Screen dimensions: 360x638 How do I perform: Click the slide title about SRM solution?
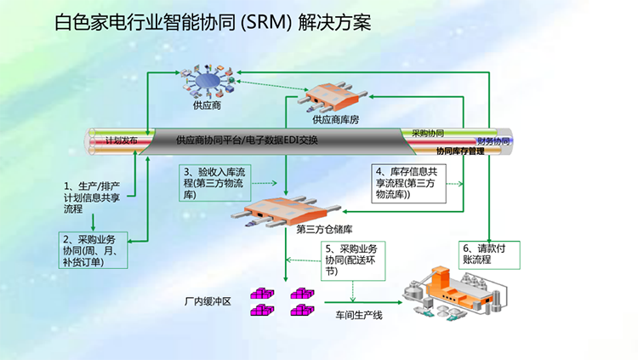click(x=212, y=23)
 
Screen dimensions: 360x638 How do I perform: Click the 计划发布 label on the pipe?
click(x=122, y=140)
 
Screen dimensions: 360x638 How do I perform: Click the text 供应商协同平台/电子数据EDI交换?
click(x=246, y=140)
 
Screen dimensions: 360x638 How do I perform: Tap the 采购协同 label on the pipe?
click(x=428, y=134)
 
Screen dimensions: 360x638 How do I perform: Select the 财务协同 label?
click(x=493, y=140)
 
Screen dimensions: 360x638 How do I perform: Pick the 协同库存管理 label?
click(x=459, y=151)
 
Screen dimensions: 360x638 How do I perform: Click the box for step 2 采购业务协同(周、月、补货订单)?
click(x=94, y=250)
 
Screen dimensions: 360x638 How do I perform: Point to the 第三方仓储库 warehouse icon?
click(x=279, y=210)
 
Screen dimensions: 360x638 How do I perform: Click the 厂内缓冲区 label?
click(x=208, y=302)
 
